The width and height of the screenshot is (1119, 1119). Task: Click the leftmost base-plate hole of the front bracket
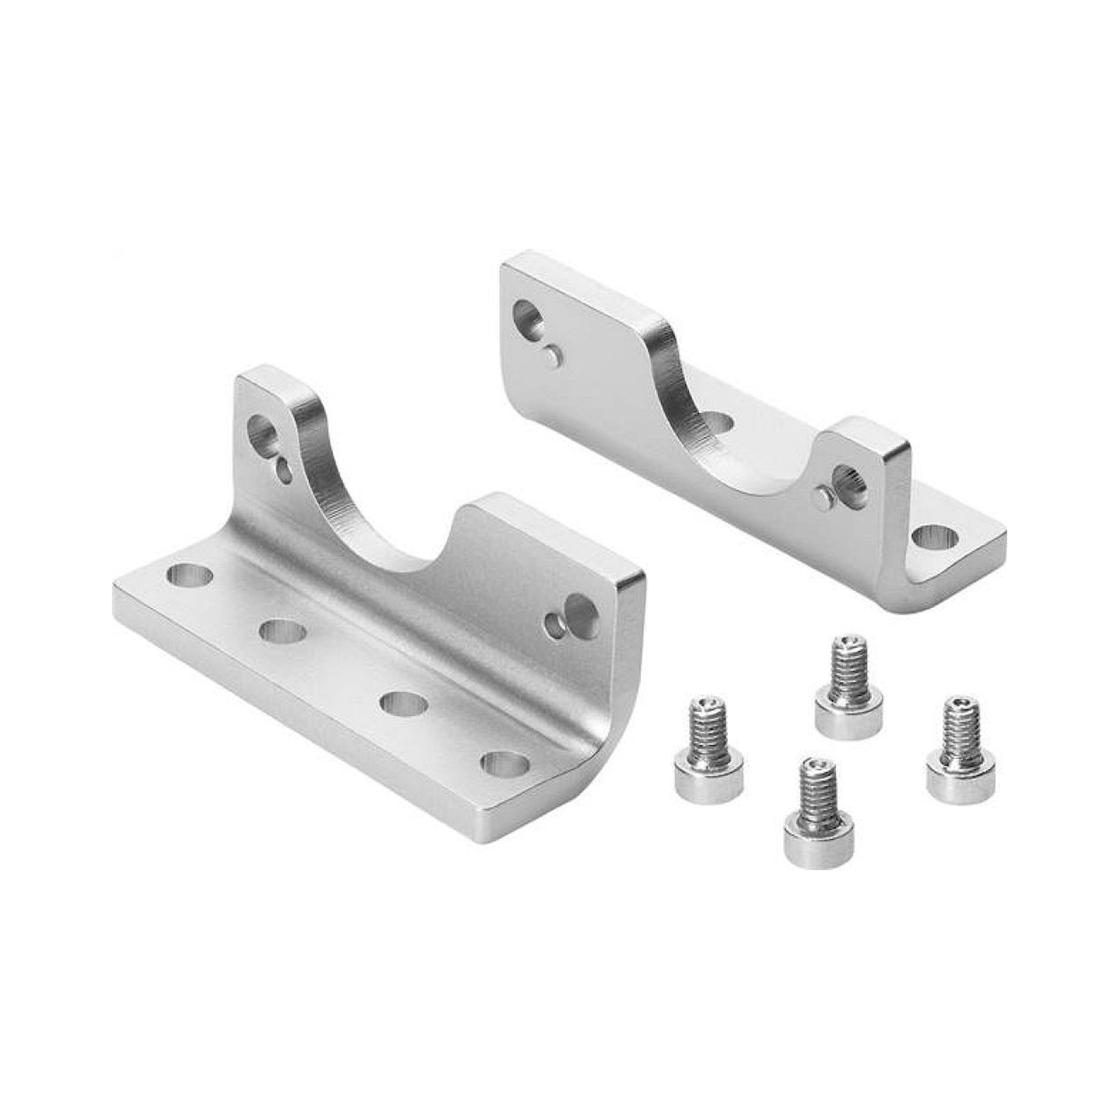tap(189, 575)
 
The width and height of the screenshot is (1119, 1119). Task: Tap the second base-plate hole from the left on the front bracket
tap(283, 631)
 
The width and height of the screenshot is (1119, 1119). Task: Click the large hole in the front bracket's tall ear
tap(264, 431)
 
